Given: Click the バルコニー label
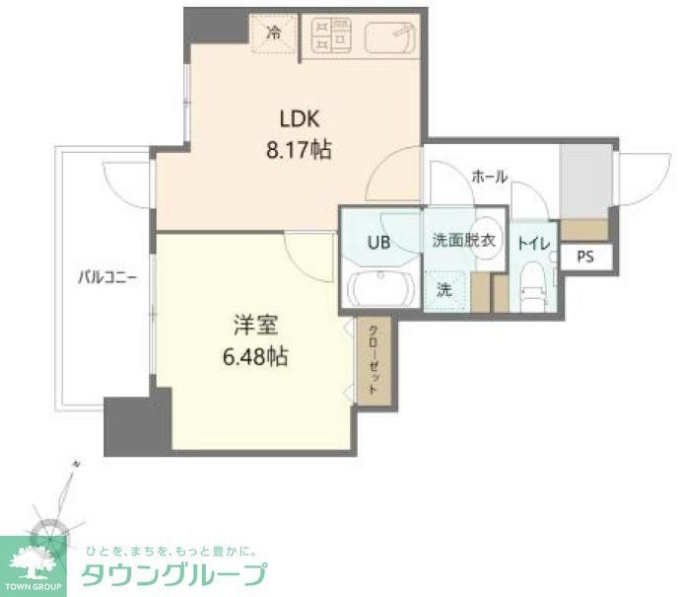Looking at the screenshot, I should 107,277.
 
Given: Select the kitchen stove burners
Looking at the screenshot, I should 333,37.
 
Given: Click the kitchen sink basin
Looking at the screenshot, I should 391,37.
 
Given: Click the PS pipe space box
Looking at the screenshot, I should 585,257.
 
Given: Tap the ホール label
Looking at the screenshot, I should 490,178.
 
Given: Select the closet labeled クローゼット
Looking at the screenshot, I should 374,361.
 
